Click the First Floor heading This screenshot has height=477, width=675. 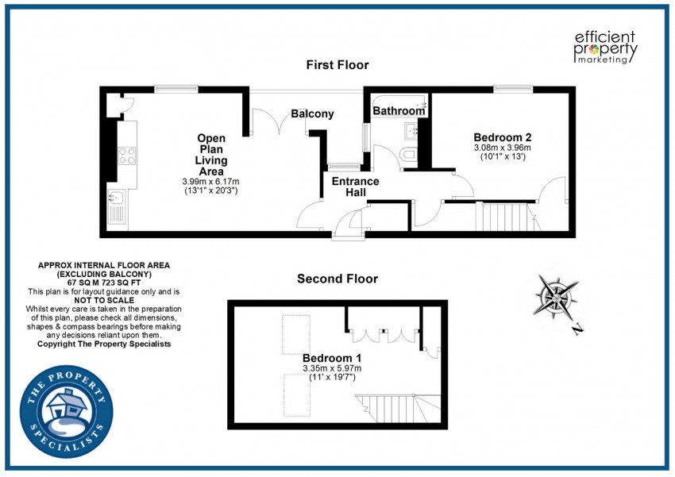coord(337,65)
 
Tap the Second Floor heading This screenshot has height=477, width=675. coord(337,279)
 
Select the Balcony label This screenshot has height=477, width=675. coord(312,114)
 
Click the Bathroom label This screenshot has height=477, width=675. coord(399,111)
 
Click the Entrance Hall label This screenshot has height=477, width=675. coord(355,187)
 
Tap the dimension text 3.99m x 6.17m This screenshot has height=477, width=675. coord(210,183)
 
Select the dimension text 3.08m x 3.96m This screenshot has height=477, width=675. coord(502,148)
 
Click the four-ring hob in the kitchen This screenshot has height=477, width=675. coord(126,156)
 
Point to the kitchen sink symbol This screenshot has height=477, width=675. coord(117,206)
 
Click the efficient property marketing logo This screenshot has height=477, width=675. coord(605,47)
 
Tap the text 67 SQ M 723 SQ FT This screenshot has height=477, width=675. coord(104,283)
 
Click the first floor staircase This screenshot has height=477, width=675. coord(501,217)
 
